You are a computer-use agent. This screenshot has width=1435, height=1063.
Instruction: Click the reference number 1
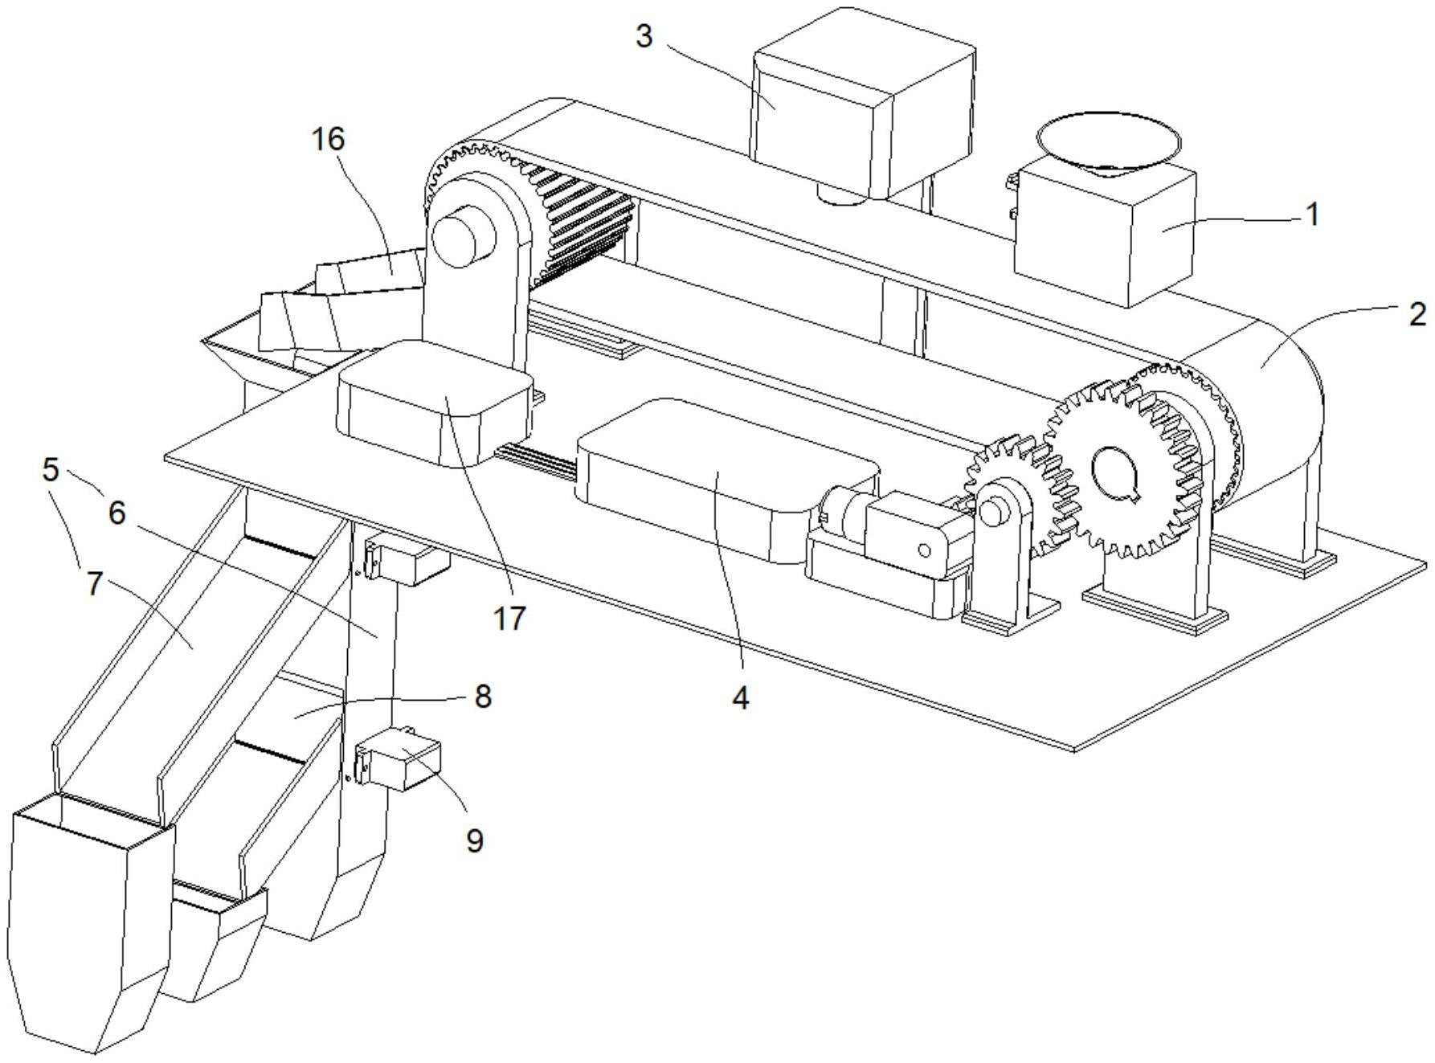[1311, 215]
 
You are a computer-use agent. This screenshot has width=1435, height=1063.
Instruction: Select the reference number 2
[1417, 314]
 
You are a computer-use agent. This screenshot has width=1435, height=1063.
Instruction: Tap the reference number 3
[644, 36]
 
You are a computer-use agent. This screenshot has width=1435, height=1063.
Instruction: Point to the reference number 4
[740, 697]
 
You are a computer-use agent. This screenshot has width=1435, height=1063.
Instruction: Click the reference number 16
[329, 139]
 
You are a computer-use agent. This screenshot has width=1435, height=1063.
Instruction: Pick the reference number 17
[509, 618]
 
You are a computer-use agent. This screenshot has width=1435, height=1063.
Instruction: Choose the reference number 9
[475, 840]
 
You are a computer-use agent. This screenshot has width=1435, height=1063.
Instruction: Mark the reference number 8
[482, 696]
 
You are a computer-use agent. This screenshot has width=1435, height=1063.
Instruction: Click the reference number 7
[95, 583]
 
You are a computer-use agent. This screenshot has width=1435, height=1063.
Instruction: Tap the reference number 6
[117, 513]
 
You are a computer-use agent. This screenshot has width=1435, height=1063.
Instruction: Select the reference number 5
[51, 470]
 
